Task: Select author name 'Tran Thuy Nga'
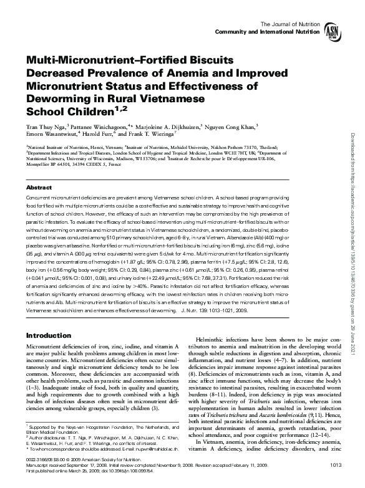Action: click(x=46, y=125)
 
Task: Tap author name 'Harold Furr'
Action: click(x=92, y=133)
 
